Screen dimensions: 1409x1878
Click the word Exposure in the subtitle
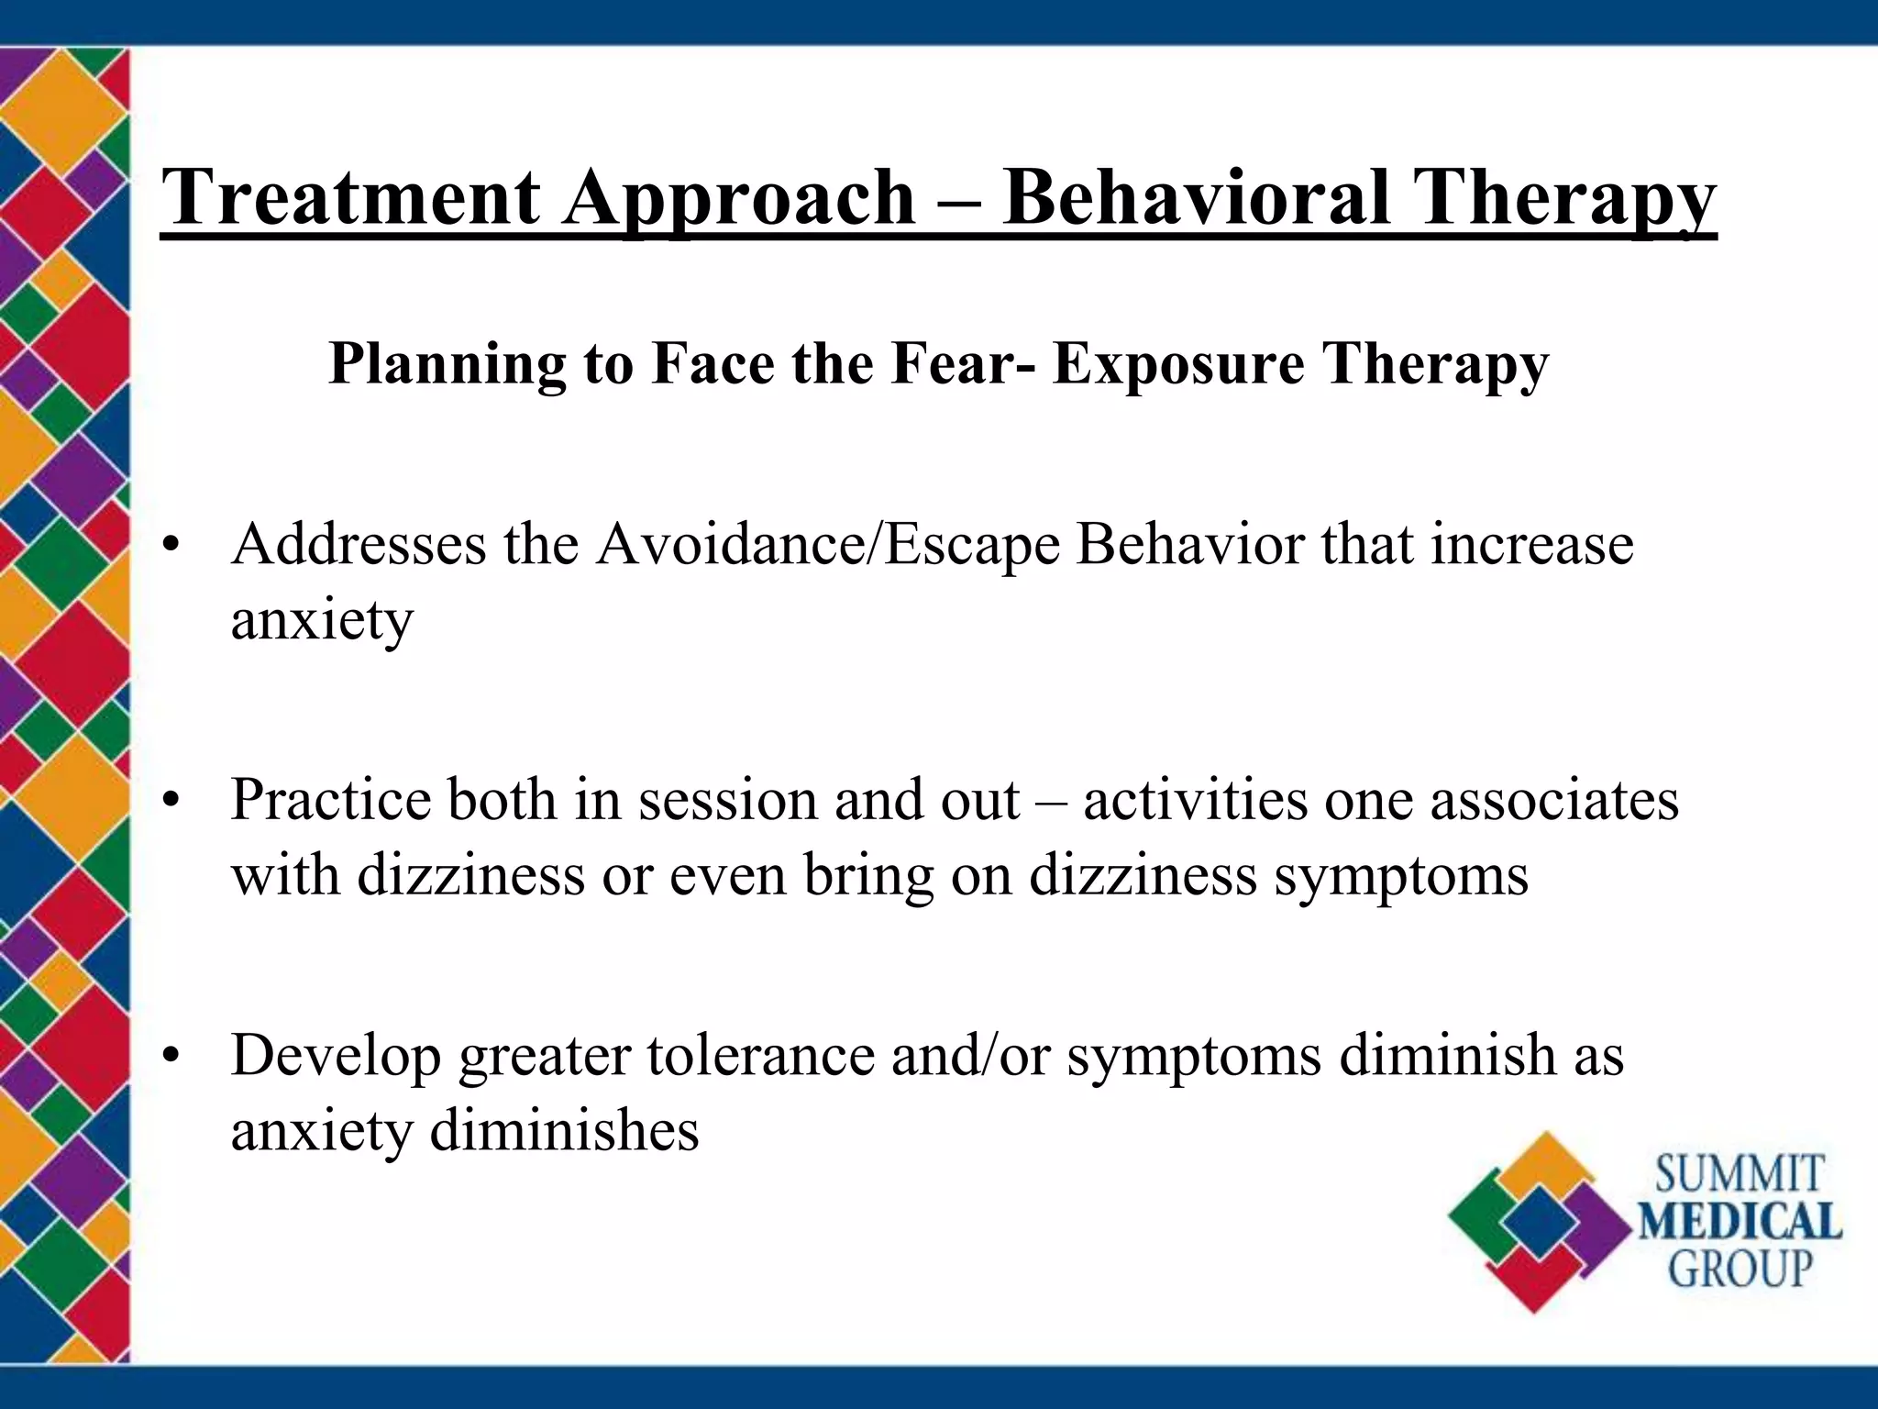[1177, 363]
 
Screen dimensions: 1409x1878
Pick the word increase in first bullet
[1531, 545]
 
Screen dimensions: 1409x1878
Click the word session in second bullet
[728, 800]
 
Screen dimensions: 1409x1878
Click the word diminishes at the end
[564, 1130]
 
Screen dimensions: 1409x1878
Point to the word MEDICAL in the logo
[1740, 1223]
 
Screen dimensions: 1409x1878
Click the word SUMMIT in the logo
[1739, 1175]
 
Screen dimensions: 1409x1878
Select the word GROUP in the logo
[1740, 1270]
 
